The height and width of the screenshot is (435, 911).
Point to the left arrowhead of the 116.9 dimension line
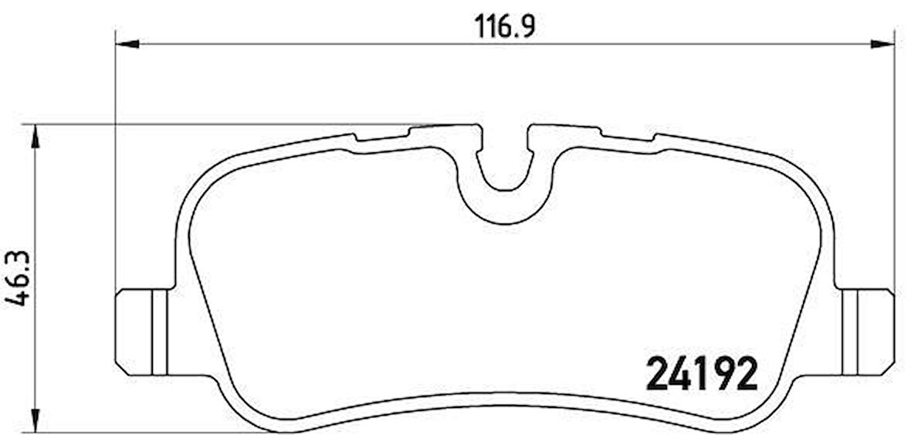127,43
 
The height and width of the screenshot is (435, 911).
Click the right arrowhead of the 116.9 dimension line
882,43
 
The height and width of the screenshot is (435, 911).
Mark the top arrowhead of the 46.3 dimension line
34,136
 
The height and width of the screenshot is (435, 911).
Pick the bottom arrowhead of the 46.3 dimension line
34,420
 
